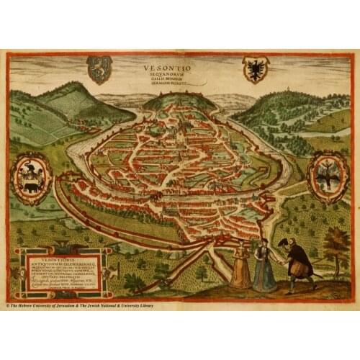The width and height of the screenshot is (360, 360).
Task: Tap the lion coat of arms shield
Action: click(99, 69)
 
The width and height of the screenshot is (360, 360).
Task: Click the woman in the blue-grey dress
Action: click(264, 266)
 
